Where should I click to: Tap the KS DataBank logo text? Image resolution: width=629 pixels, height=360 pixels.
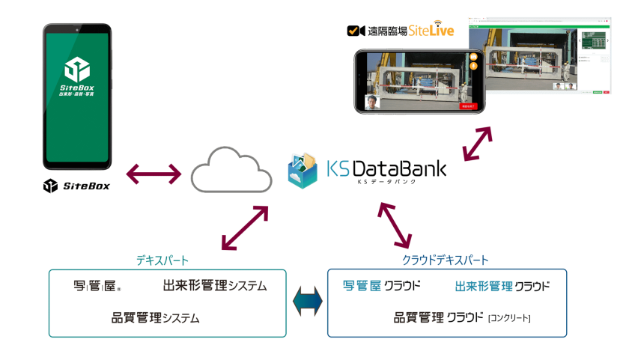[386, 169]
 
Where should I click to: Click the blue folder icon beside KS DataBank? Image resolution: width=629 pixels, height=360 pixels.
[303, 171]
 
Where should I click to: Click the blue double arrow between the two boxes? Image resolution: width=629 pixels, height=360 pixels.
[307, 301]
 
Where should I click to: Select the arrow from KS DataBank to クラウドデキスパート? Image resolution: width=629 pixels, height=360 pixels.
[395, 224]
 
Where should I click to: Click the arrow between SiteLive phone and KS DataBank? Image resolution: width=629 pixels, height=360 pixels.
[477, 143]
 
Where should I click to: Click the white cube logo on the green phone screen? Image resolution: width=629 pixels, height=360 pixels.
[77, 70]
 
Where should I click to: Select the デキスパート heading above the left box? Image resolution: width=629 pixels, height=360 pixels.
[162, 260]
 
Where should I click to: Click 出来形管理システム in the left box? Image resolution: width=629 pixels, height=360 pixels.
[214, 286]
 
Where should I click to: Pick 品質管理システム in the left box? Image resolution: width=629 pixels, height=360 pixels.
[155, 317]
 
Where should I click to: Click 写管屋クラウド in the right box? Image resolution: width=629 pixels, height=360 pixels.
[381, 286]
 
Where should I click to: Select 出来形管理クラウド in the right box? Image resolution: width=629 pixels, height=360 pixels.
[502, 287]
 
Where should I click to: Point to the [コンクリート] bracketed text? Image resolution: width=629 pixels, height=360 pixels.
[508, 319]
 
